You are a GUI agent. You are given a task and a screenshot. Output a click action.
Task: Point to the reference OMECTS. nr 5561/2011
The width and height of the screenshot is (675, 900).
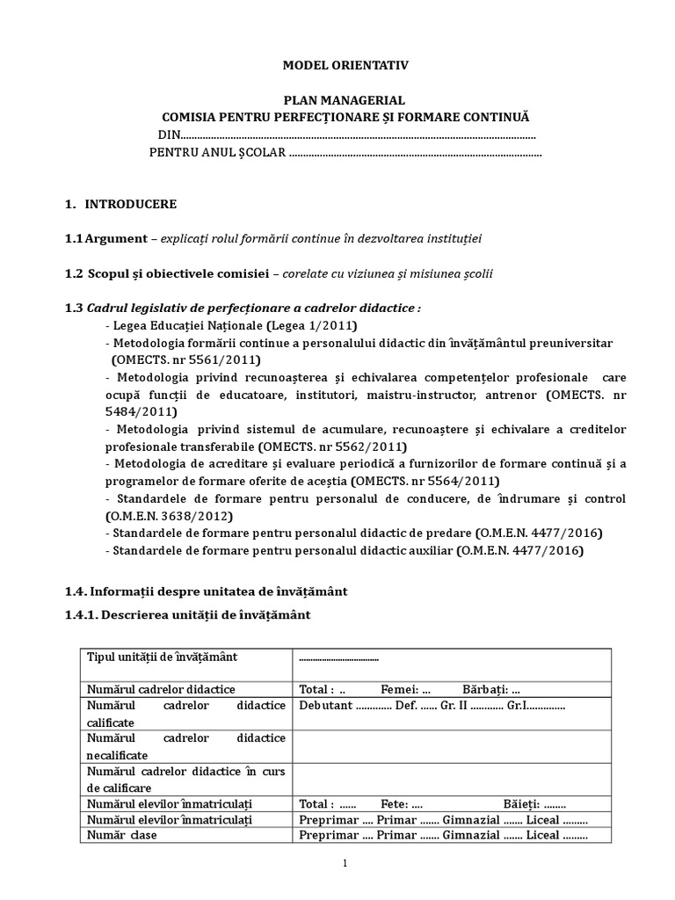(x=186, y=359)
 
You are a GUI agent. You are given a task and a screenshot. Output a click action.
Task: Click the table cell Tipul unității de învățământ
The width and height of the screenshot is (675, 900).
(x=162, y=657)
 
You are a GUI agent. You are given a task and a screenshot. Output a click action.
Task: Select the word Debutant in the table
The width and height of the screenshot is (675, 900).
(x=326, y=705)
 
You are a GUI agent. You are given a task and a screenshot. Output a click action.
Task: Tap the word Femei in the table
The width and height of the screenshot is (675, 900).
(x=398, y=689)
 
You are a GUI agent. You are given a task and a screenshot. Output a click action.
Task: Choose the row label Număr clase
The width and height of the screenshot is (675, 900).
(x=121, y=835)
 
